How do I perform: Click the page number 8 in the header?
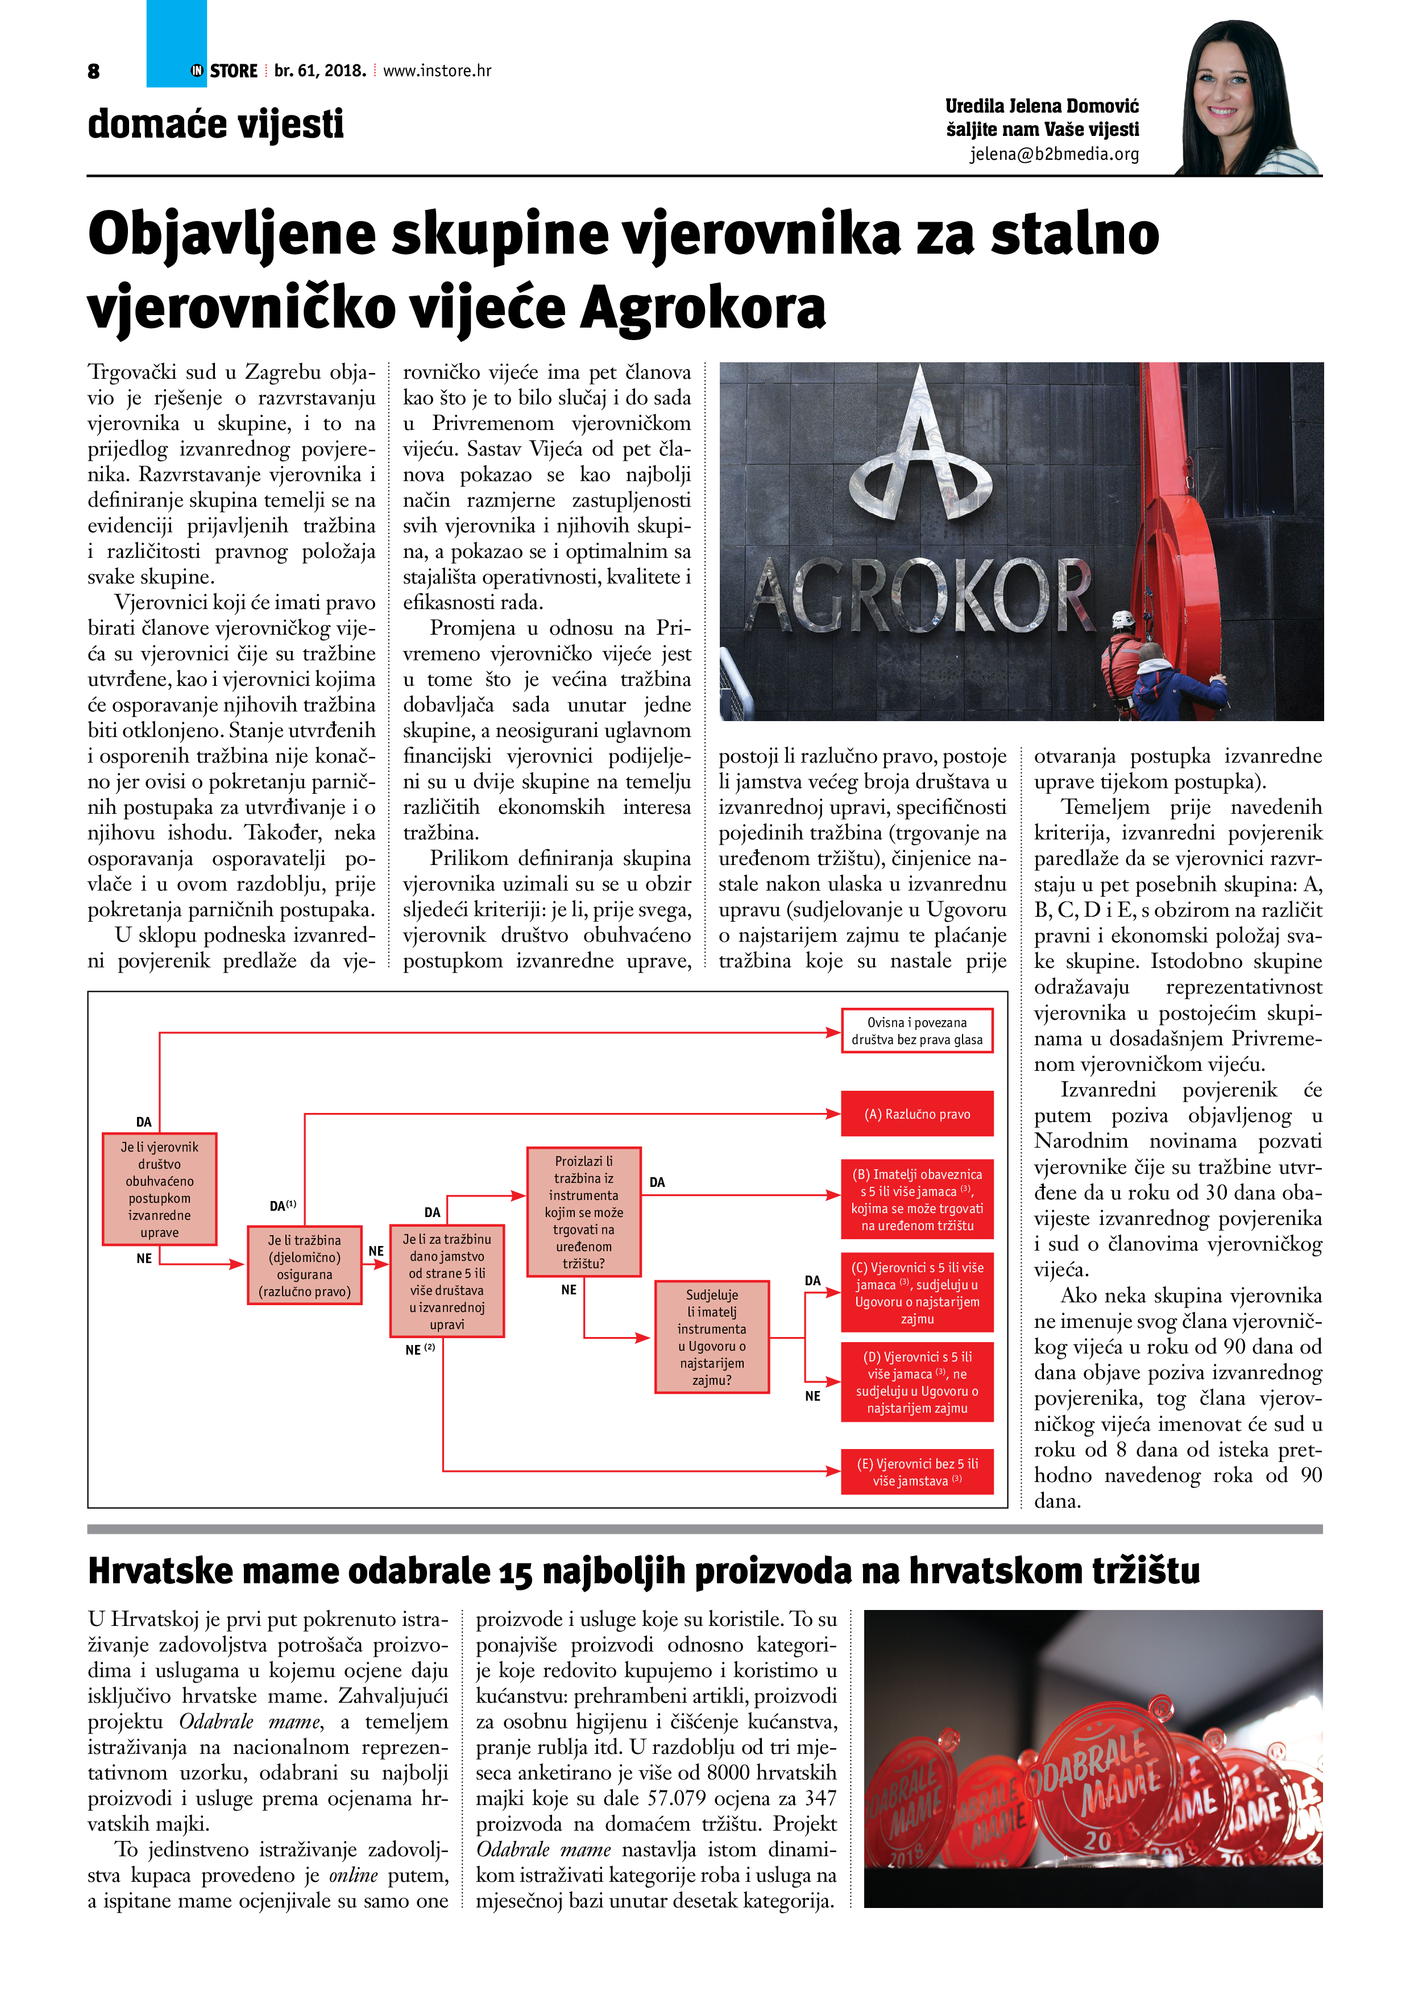point(94,71)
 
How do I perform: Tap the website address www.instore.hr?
point(437,71)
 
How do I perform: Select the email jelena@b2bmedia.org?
point(1054,154)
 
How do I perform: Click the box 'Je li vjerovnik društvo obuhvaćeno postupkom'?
point(159,1189)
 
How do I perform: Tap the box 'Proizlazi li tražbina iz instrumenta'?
point(584,1211)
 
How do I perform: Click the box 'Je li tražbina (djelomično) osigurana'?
point(304,1265)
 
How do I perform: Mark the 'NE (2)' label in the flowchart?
point(420,1350)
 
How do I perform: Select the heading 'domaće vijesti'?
point(215,123)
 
